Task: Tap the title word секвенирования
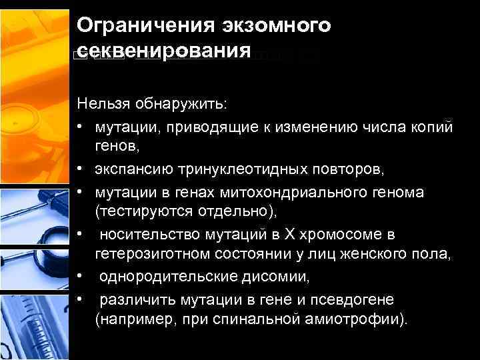pyautogui.click(x=164, y=51)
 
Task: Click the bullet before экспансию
pyautogui.click(x=81, y=171)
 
